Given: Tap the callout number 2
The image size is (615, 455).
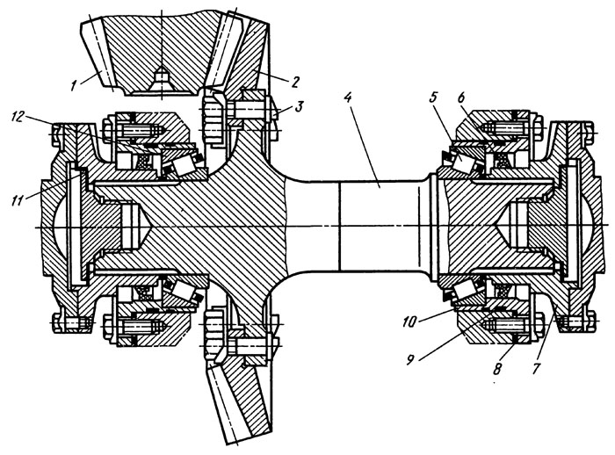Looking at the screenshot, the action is tap(294, 82).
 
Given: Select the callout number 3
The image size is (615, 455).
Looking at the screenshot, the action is tap(299, 106).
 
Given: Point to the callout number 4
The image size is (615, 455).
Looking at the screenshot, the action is tap(348, 98).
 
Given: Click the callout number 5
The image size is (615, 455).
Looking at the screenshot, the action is tap(433, 97).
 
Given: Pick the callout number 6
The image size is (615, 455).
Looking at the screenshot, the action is tap(461, 97).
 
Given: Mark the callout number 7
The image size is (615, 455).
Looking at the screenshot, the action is tap(536, 368).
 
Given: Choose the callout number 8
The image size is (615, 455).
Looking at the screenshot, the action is tap(497, 369).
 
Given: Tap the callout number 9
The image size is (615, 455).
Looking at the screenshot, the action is tap(410, 359).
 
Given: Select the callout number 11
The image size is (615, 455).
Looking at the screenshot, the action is tap(18, 199).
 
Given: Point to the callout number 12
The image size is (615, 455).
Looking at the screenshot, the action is tap(18, 116).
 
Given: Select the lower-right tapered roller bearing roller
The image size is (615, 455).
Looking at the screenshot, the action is tap(463, 291).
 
